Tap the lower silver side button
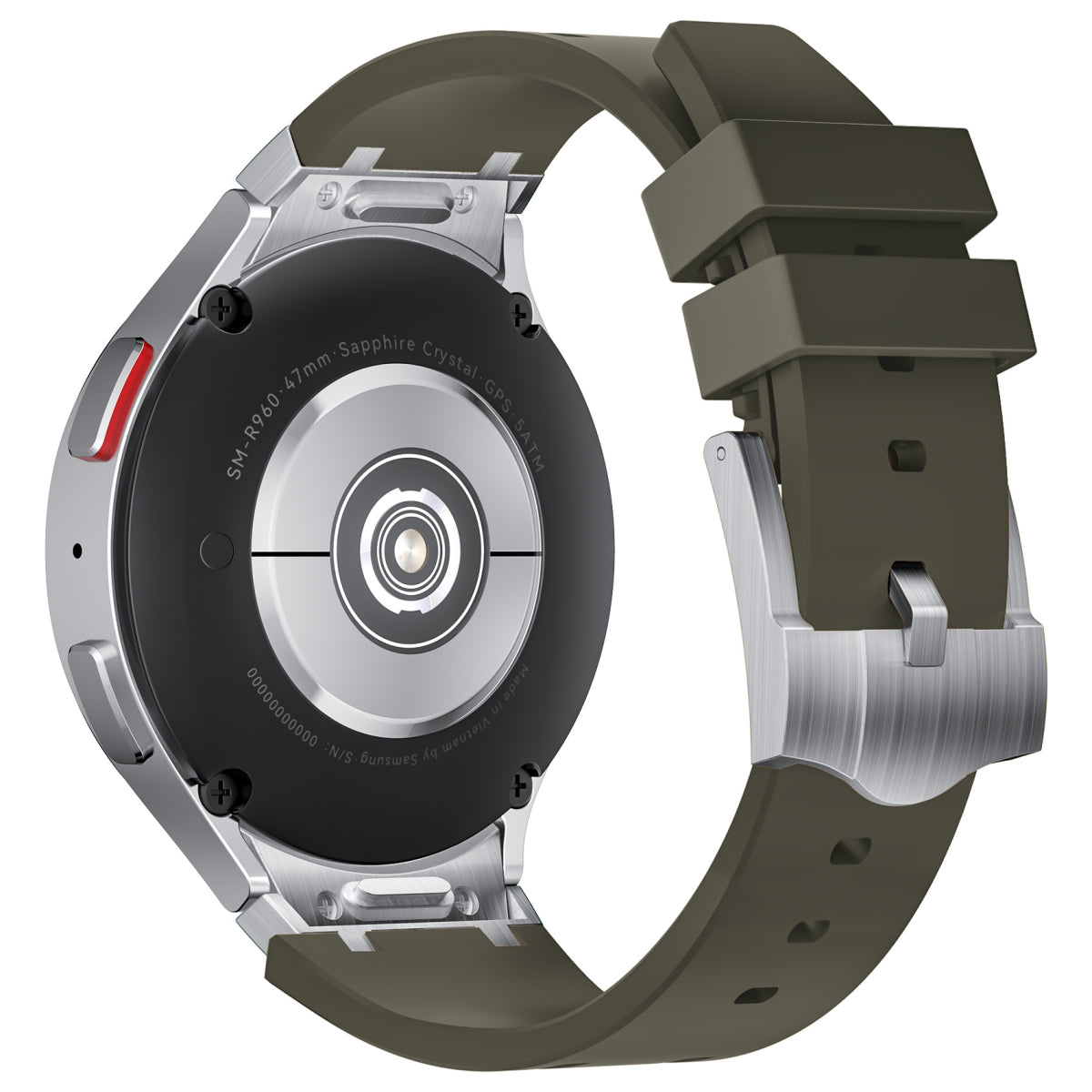click(x=107, y=699)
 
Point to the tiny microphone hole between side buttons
click(x=76, y=550)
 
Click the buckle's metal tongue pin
click(x=917, y=613)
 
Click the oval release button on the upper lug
click(x=393, y=202)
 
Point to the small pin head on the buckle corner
click(x=721, y=450)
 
